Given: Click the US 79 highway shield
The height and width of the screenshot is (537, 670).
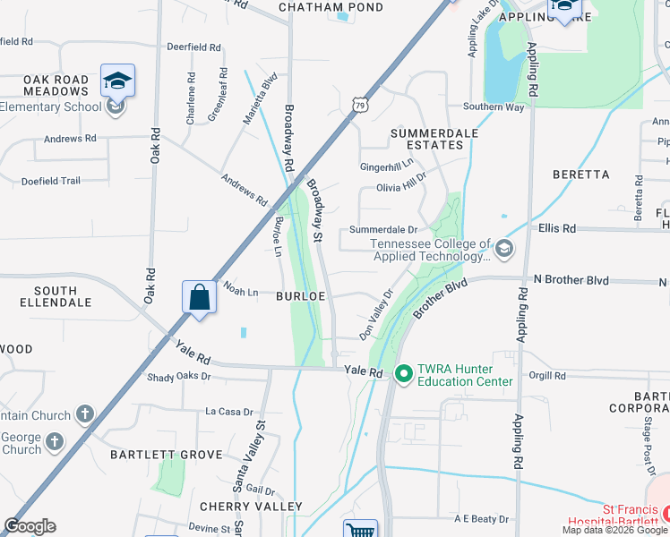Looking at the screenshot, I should [x=359, y=105].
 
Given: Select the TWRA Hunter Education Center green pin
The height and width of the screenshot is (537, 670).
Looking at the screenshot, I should [x=403, y=373].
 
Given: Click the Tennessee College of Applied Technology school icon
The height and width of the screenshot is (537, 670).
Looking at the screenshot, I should [x=504, y=248].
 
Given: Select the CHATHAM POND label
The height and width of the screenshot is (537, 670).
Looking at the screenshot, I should [x=331, y=7].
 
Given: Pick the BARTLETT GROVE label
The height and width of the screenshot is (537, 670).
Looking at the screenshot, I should [x=166, y=455].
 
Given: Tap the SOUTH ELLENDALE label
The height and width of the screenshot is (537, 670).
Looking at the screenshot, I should [x=63, y=296].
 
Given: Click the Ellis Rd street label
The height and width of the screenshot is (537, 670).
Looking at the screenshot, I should [x=557, y=228].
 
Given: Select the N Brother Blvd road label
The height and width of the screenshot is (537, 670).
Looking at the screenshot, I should [x=571, y=280].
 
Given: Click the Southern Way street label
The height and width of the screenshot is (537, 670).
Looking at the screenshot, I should [x=493, y=107].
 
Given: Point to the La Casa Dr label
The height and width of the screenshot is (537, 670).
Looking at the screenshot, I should [x=230, y=412].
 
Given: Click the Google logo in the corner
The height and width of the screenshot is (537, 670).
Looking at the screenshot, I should [x=30, y=526].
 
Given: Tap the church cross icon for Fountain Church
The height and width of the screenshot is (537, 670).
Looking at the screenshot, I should [x=84, y=413].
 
